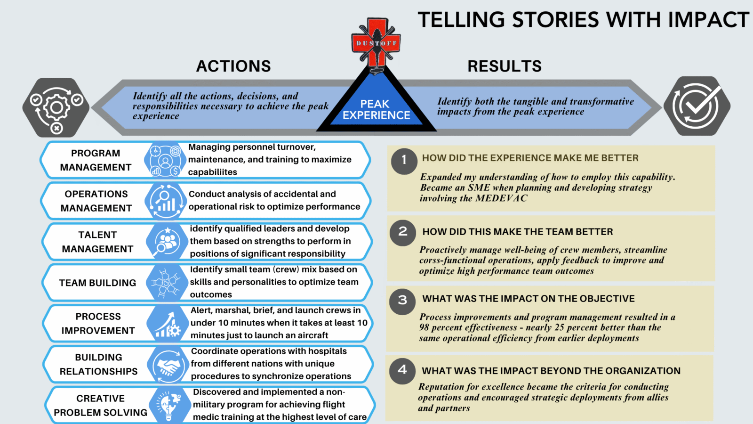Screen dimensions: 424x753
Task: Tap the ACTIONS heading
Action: coord(233,66)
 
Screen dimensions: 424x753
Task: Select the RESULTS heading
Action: coord(505,66)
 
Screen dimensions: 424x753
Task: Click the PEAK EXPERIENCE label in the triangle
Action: coord(376,110)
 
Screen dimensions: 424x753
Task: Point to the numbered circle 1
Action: coord(404,161)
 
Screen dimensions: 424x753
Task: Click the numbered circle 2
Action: coord(403,232)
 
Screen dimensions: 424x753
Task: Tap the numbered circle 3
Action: coord(402,300)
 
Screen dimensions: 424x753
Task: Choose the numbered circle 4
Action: coord(402,370)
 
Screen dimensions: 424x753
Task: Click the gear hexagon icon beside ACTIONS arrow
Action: coord(56,108)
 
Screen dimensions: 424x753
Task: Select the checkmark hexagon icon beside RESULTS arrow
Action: coord(697,106)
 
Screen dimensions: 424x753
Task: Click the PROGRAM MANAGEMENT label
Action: coord(96,160)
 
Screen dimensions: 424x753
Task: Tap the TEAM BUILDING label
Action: coord(97,283)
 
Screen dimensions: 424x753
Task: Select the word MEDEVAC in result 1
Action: coord(501,198)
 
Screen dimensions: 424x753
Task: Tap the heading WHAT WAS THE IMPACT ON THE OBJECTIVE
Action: coord(529,299)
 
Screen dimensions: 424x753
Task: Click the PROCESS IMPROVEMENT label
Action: coord(98,324)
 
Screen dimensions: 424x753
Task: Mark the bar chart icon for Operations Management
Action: coord(165,201)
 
